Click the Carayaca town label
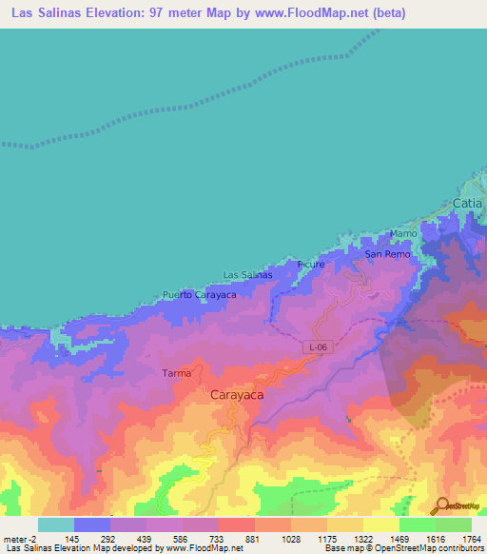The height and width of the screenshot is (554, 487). click(x=237, y=392)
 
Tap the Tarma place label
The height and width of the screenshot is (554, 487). click(x=176, y=372)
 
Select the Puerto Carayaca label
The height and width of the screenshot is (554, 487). click(x=199, y=295)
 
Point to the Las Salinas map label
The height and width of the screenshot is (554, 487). click(x=247, y=274)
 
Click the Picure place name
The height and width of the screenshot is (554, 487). click(x=311, y=264)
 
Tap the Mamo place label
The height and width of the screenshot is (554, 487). click(x=404, y=233)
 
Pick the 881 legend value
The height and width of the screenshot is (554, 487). click(x=253, y=538)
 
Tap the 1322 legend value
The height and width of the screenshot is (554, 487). click(x=362, y=538)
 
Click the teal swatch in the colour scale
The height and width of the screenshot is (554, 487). click(x=55, y=524)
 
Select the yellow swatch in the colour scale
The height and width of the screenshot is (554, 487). click(x=380, y=524)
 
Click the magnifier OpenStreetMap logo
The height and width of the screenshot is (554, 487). click(x=439, y=505)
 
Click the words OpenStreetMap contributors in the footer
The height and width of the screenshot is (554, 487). click(x=430, y=548)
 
